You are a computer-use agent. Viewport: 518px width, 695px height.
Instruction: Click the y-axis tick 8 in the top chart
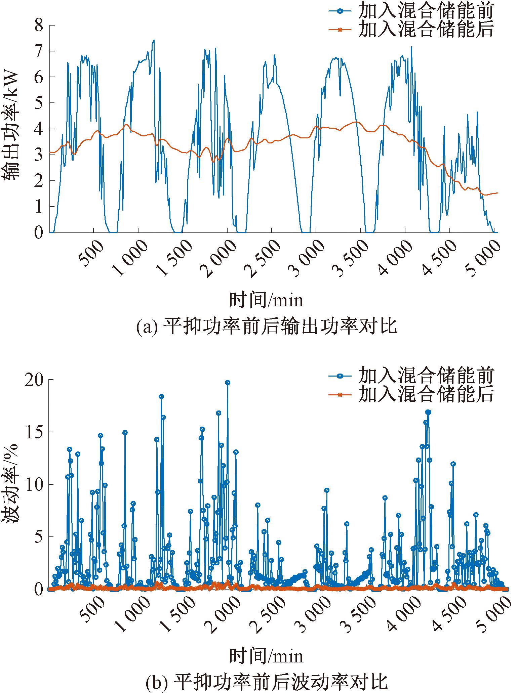pyautogui.click(x=39, y=26)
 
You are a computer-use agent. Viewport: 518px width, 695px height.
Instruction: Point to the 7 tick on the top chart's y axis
pyautogui.click(x=39, y=51)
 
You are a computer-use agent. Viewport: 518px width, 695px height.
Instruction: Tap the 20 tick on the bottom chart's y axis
pyautogui.click(x=36, y=380)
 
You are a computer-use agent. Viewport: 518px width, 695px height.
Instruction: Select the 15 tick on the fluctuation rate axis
pyautogui.click(x=36, y=432)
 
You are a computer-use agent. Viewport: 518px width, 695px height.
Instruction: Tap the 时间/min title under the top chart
pyautogui.click(x=266, y=300)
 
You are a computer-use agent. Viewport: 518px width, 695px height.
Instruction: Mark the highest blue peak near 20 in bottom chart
pyautogui.click(x=228, y=383)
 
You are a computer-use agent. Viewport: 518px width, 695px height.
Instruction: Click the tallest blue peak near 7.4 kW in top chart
pyautogui.click(x=154, y=40)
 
